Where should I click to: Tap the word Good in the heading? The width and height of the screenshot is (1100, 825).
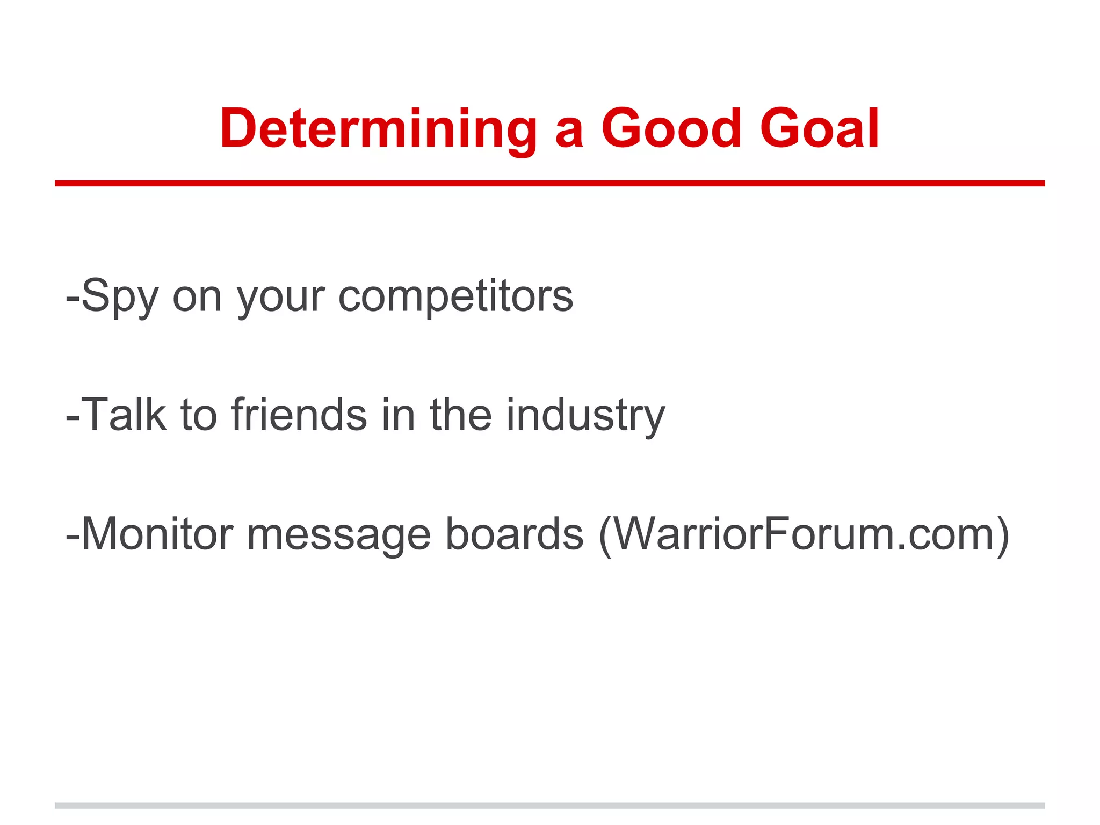(x=671, y=129)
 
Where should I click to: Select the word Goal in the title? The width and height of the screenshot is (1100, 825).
(x=819, y=129)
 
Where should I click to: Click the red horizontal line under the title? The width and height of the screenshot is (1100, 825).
(x=549, y=184)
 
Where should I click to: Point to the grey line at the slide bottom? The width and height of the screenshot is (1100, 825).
(x=549, y=806)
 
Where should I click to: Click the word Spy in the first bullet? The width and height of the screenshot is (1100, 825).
(x=120, y=296)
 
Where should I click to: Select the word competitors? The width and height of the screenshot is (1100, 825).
(x=455, y=296)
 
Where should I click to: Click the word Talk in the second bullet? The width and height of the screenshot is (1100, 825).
(x=125, y=415)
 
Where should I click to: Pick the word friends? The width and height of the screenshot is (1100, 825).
(x=299, y=415)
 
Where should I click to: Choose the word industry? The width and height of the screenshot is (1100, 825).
(x=585, y=415)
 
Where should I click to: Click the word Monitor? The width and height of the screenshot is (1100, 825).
(x=157, y=534)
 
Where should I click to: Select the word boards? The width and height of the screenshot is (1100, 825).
(x=515, y=534)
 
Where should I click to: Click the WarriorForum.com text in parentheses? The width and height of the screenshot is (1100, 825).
(x=803, y=534)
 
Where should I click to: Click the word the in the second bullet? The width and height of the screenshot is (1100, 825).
(x=460, y=415)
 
